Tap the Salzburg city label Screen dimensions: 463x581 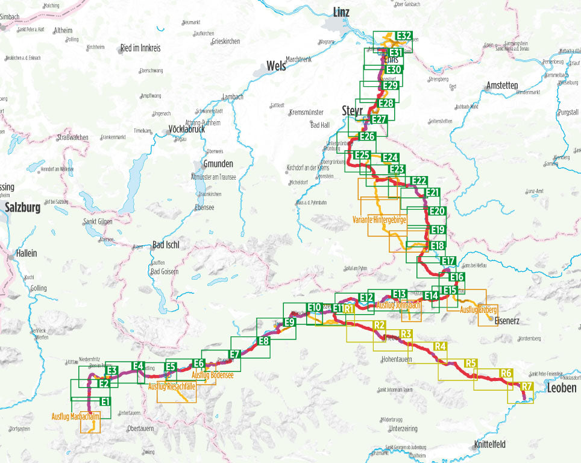tap(22, 207)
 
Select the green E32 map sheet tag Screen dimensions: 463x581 tap(403, 36)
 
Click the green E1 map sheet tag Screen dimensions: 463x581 tap(105, 402)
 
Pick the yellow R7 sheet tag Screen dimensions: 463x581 tap(527, 386)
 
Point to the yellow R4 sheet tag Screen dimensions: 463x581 tap(439, 346)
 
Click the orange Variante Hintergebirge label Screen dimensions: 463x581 tap(379, 221)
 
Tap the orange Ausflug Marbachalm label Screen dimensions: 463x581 tap(77, 416)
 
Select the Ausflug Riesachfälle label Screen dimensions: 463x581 tap(172, 386)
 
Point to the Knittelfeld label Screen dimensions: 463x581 tap(490, 444)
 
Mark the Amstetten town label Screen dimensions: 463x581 tap(501, 86)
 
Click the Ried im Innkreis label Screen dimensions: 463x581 tap(142, 48)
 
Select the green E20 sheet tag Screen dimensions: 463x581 tap(437, 211)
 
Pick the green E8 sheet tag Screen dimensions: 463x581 tap(263, 341)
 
